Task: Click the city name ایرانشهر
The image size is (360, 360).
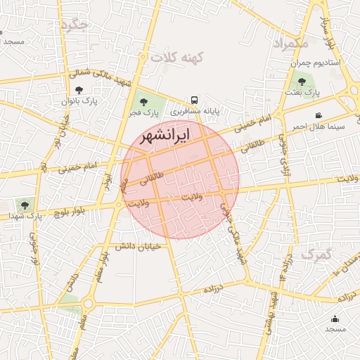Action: pos(165,136)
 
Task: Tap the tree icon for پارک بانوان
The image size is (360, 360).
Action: pos(79,89)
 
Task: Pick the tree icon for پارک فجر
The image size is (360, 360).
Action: pos(144,102)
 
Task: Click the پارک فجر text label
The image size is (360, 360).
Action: pos(143,112)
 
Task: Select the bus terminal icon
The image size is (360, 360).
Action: pos(193,100)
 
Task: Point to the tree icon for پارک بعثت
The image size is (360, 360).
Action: pos(302,82)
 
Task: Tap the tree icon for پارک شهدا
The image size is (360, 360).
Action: pos(25,205)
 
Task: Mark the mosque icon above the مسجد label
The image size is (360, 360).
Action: pos(335,319)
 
